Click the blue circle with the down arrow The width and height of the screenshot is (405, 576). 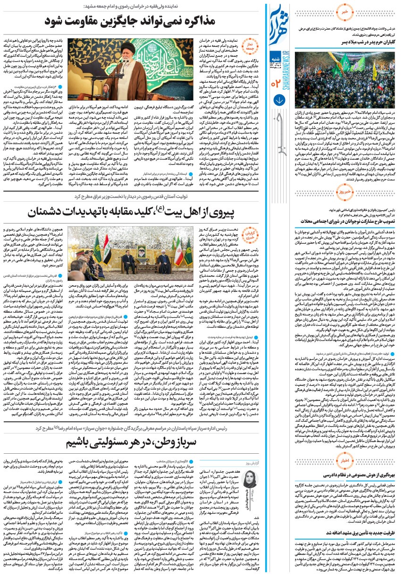click(x=279, y=100)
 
